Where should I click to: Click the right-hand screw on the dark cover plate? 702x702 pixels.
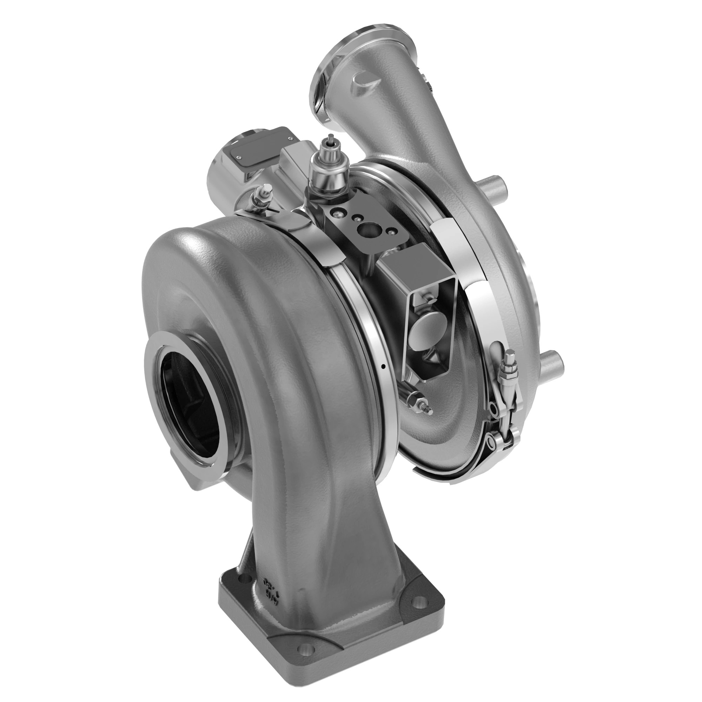click(x=290, y=138)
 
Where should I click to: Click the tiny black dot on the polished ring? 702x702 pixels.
click(x=384, y=367)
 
